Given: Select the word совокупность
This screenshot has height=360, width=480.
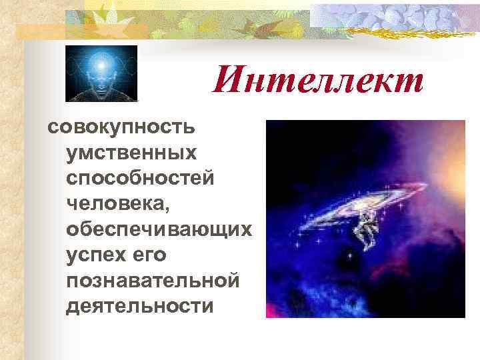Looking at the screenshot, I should (x=120, y=127).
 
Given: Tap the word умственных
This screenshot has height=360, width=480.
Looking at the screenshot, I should (x=132, y=153).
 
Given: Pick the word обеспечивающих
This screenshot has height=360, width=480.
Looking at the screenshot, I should (x=159, y=229).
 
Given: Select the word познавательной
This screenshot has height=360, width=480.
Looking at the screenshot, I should (x=153, y=280).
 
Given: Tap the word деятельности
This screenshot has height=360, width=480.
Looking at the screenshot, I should (x=141, y=305).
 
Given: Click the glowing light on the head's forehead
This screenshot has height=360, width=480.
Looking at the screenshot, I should (x=101, y=65).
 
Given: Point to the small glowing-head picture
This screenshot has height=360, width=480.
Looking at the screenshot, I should (x=101, y=73).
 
